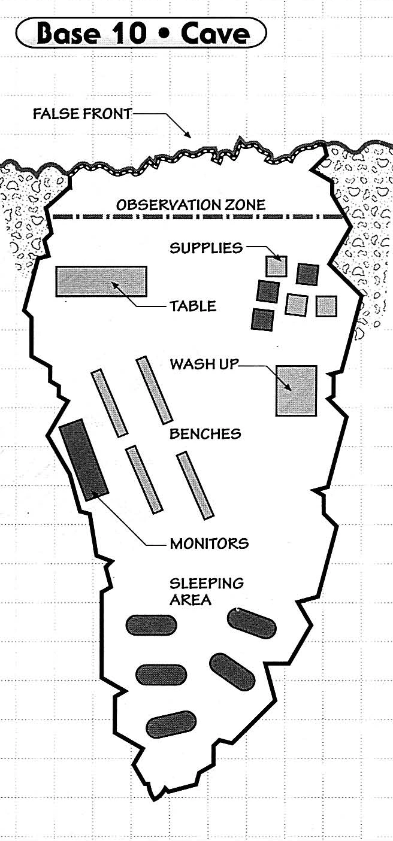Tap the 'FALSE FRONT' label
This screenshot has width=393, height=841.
[x=82, y=114]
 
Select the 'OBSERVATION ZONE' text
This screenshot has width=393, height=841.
[x=191, y=205]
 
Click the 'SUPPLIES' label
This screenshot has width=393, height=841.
[x=206, y=247]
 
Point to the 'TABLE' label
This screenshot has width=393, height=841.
[x=192, y=306]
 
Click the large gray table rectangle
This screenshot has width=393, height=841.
[x=101, y=281]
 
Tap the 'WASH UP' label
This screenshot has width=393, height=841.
[x=204, y=363]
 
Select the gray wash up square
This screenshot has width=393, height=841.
[x=296, y=390]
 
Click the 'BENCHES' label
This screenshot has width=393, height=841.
[x=205, y=433]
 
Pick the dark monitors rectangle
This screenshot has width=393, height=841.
[x=84, y=459]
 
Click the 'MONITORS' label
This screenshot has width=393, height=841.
[x=209, y=544]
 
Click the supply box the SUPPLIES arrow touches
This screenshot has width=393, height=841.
[x=276, y=266]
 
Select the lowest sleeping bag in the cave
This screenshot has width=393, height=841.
[x=171, y=725]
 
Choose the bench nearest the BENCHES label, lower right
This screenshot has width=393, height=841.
[x=195, y=485]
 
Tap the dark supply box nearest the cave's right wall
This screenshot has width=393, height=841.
[x=308, y=274]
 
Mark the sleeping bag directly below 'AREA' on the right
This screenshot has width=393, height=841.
[x=252, y=623]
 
